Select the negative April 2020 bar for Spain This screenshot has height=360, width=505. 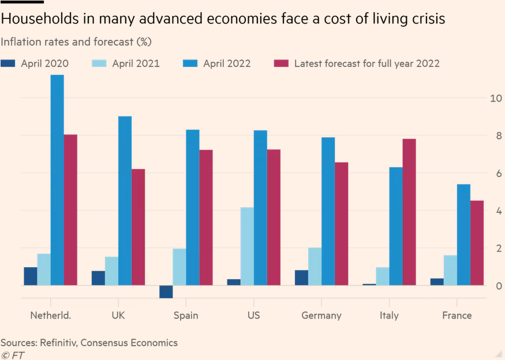coord(166,291)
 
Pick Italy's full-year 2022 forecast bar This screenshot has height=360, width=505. coord(409,212)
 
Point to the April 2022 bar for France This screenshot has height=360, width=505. coord(463,235)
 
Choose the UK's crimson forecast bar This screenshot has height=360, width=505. coord(139,227)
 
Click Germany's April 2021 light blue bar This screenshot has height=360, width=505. coord(315,267)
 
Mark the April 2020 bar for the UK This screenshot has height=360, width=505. coord(98,278)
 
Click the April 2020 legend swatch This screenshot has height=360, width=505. coord(8,63)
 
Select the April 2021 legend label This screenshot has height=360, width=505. coord(136,63)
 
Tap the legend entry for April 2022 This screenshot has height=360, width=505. coord(227,63)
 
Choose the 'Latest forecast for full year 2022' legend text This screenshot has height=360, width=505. coord(366,63)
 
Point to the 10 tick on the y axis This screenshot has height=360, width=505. coord(495,98)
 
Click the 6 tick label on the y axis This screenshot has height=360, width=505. coord(495,173)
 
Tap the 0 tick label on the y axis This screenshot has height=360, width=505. coord(495,286)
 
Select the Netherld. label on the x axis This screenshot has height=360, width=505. coord(50,315)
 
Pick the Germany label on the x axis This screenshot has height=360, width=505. coord(321,315)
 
